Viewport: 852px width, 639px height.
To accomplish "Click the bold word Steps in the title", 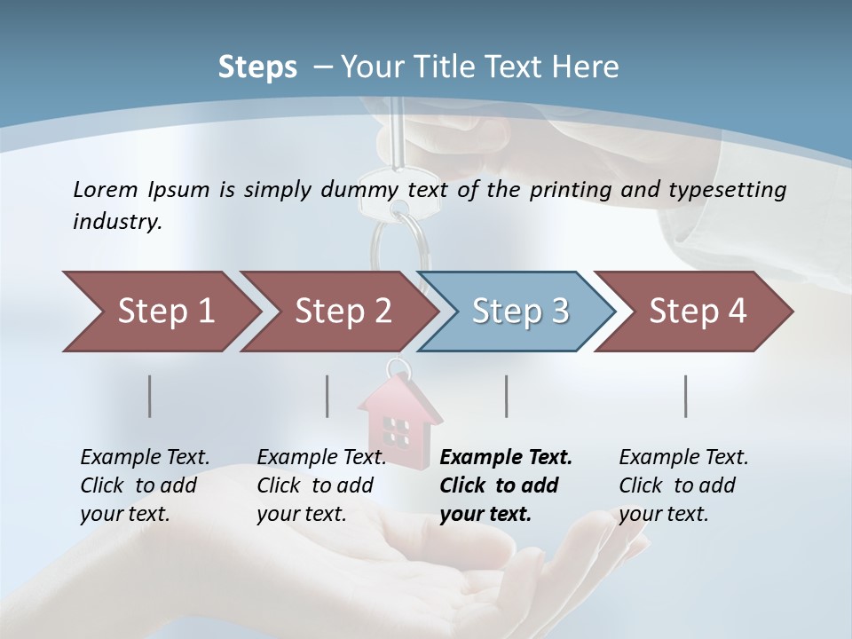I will click(x=257, y=67).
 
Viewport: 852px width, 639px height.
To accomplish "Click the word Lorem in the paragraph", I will click(x=106, y=189).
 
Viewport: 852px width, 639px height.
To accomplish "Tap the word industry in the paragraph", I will click(x=116, y=221).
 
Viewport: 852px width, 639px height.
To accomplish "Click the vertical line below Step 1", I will click(x=149, y=396).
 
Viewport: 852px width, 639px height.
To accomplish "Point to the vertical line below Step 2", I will click(x=327, y=396).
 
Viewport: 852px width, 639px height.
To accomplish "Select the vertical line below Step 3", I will click(x=507, y=396).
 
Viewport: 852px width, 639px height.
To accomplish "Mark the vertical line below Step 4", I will click(x=686, y=396).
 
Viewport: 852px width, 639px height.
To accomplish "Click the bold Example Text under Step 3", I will click(x=506, y=458).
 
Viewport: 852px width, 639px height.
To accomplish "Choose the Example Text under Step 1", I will click(x=145, y=458).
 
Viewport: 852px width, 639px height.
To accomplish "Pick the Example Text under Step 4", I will click(x=683, y=458).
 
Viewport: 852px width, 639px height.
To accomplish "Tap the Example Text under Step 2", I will click(x=321, y=458).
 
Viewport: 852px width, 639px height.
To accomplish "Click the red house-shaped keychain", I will click(x=399, y=422).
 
